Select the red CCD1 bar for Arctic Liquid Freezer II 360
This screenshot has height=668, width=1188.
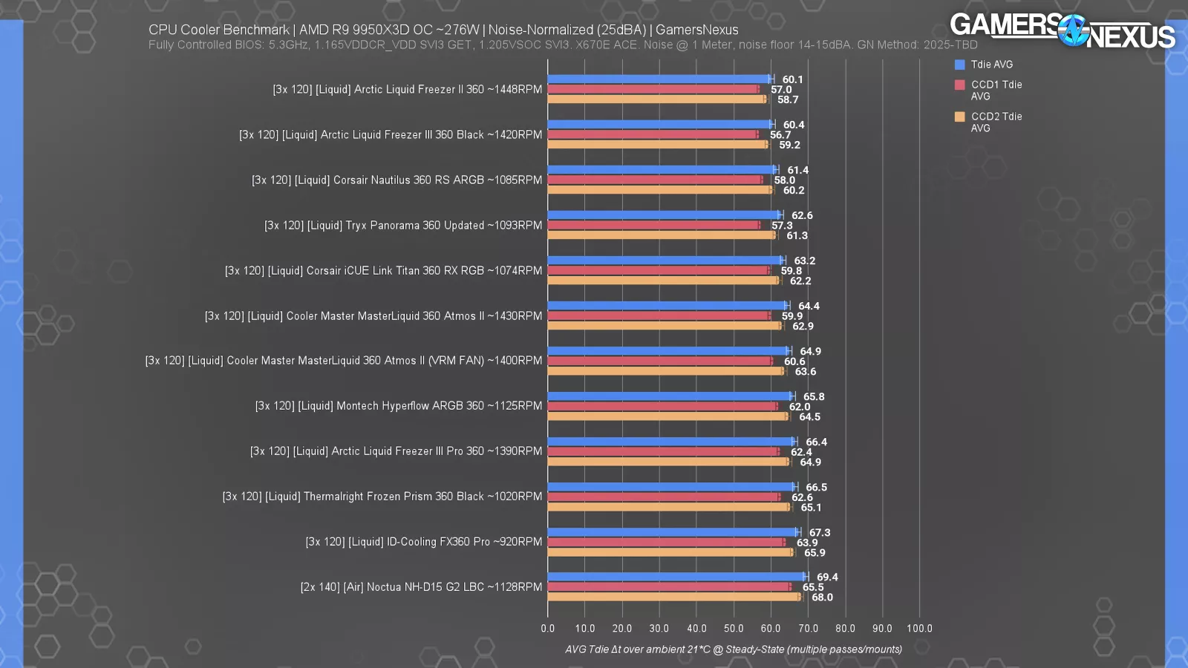pyautogui.click(x=653, y=89)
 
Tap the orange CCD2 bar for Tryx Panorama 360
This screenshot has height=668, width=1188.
pyautogui.click(x=661, y=235)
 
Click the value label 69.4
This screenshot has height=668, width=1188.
pyautogui.click(x=827, y=577)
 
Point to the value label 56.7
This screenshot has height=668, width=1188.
pyautogui.click(x=780, y=134)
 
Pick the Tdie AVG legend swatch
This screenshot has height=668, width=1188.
pyautogui.click(x=959, y=65)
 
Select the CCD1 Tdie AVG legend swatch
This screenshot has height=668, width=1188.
pyautogui.click(x=959, y=85)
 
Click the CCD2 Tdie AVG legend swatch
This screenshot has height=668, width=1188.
pyautogui.click(x=959, y=117)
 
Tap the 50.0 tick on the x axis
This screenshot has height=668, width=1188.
pyautogui.click(x=734, y=628)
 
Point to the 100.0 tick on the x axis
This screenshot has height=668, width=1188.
pyautogui.click(x=919, y=628)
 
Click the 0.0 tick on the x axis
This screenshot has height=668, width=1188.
pyautogui.click(x=548, y=628)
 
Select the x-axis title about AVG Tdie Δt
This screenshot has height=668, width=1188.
pyautogui.click(x=734, y=649)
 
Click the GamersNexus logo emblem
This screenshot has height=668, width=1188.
pyautogui.click(x=1073, y=30)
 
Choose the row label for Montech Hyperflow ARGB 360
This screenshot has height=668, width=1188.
pyautogui.click(x=399, y=406)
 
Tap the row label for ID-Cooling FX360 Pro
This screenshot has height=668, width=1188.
pyautogui.click(x=424, y=542)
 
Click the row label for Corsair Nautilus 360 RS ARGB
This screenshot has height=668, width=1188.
pyautogui.click(x=397, y=180)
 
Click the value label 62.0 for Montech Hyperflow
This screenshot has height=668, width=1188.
pyautogui.click(x=800, y=407)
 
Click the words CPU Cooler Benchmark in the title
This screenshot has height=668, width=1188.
pyautogui.click(x=219, y=30)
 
